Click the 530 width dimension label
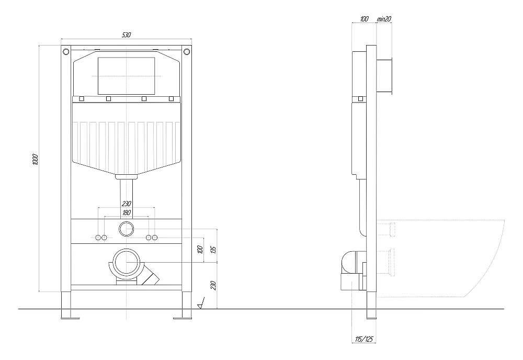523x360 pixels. coord(126,35)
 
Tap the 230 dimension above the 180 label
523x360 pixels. coord(127,203)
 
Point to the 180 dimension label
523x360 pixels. coord(127,212)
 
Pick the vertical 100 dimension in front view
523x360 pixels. coord(200,250)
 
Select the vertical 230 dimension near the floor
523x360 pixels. coord(214,286)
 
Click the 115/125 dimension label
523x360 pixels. coord(364,339)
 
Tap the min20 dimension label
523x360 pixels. coord(383,19)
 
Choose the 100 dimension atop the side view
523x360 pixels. coord(364,19)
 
